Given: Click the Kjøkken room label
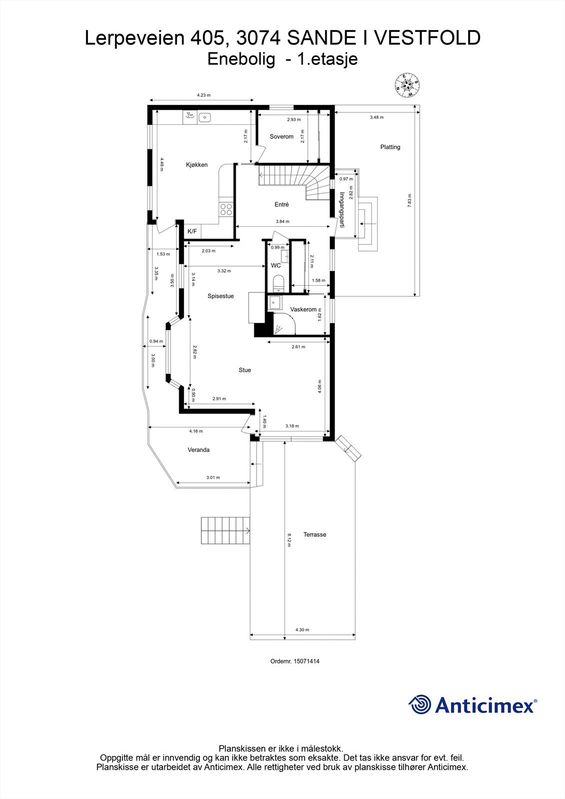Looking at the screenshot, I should pyautogui.click(x=196, y=165).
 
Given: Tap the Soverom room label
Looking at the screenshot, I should pyautogui.click(x=281, y=136).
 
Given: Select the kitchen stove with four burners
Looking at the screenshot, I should pyautogui.click(x=226, y=209).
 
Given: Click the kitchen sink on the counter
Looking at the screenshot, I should pyautogui.click(x=204, y=117).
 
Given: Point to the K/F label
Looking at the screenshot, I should pyautogui.click(x=192, y=232).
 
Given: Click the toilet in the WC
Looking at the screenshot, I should pyautogui.click(x=279, y=284).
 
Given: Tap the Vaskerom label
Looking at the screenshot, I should pyautogui.click(x=303, y=310).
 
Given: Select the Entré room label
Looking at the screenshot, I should pyautogui.click(x=282, y=204).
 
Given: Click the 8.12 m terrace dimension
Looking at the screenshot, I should pyautogui.click(x=289, y=540).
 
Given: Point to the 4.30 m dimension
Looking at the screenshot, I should pyautogui.click(x=302, y=630).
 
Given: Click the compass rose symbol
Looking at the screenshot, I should pyautogui.click(x=407, y=84).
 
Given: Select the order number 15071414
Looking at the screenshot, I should pyautogui.click(x=295, y=661).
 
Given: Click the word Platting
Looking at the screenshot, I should pyautogui.click(x=390, y=147).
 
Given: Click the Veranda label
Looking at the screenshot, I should pyautogui.click(x=198, y=450).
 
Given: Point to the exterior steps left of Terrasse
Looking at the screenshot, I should pyautogui.click(x=225, y=531).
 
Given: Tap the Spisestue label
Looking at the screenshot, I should pyautogui.click(x=220, y=296).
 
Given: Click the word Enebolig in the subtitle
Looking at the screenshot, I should pyautogui.click(x=241, y=59).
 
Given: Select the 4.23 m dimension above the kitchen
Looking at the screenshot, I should pyautogui.click(x=203, y=95).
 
